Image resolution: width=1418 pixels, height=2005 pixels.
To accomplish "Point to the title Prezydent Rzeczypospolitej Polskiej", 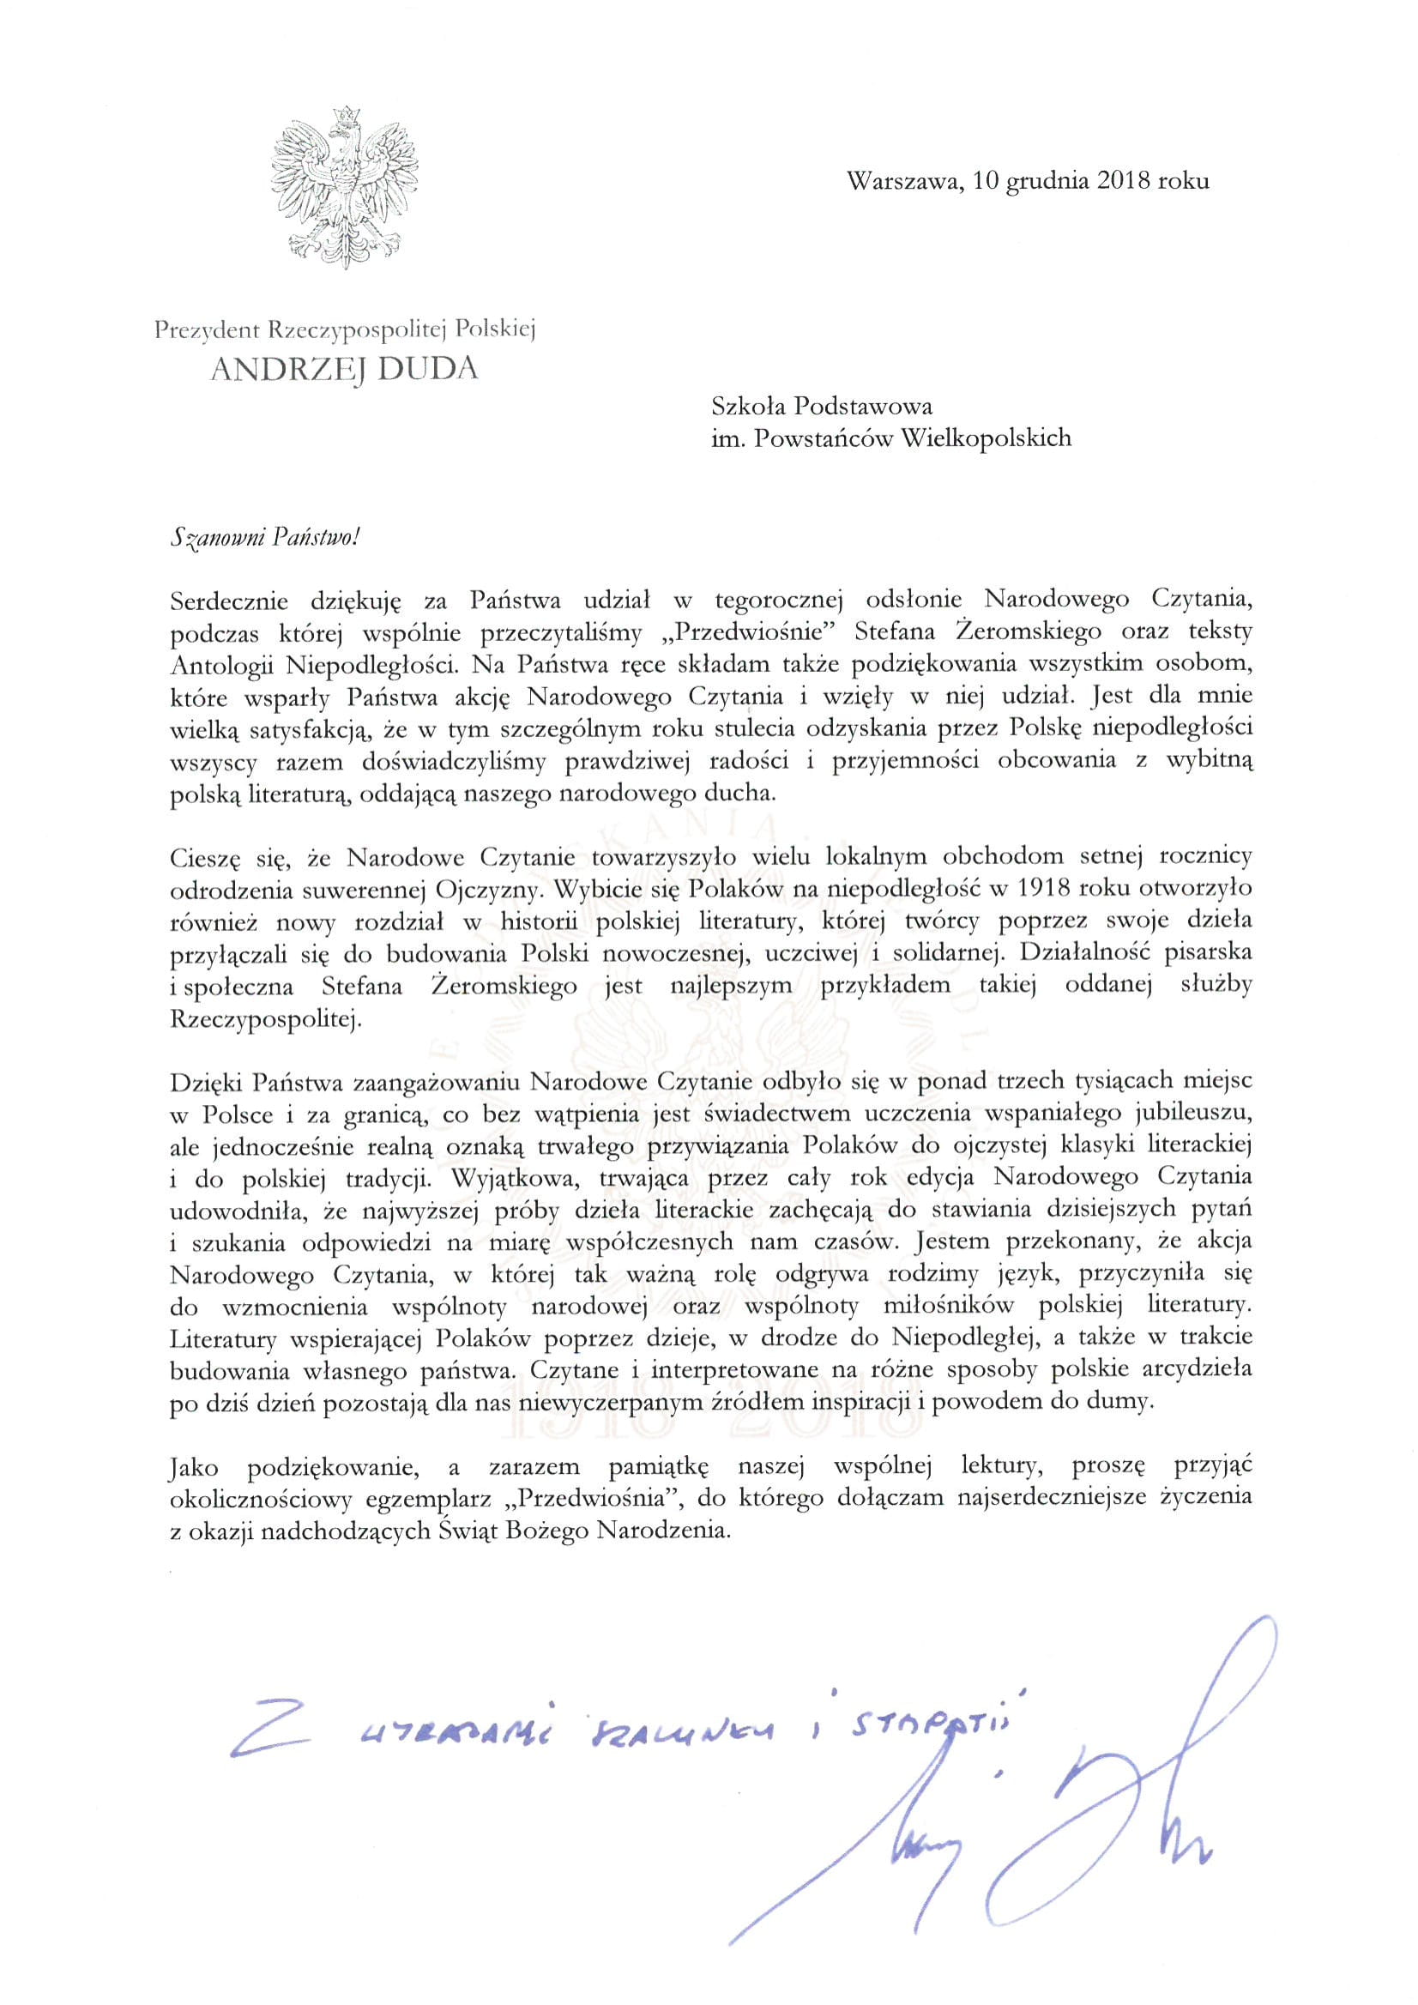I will [343, 329].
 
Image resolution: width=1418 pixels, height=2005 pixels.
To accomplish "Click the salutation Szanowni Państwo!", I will [263, 538].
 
